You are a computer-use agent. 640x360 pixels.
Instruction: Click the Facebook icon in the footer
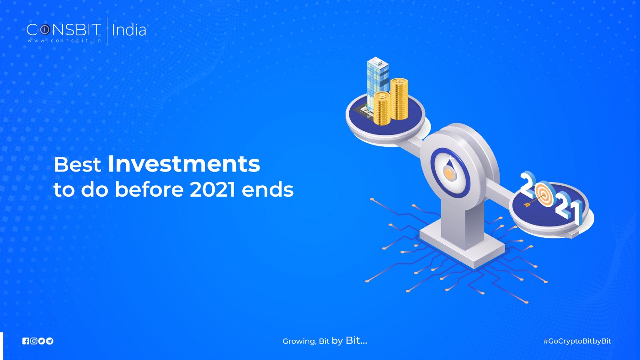coord(26,341)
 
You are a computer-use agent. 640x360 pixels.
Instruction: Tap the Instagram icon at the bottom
coord(33,341)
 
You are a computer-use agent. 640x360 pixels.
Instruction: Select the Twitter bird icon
coord(42,341)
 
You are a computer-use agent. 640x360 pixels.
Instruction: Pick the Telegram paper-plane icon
coord(50,341)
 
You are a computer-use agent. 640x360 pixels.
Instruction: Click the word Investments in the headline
coord(184,164)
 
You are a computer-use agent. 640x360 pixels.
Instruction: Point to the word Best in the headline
coord(77,165)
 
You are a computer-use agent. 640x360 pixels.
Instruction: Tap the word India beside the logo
coord(129,30)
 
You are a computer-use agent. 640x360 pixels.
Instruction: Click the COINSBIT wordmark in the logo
coord(64,30)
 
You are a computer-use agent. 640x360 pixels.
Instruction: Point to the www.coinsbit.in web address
coord(64,40)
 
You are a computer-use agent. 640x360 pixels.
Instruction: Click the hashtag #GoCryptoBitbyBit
coord(577,341)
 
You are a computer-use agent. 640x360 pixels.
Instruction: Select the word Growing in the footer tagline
coord(298,342)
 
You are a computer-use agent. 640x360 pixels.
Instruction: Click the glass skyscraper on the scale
coord(378,85)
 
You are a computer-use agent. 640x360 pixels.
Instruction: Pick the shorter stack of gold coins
coord(382,108)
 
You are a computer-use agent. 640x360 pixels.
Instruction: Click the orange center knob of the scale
coord(449,173)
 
